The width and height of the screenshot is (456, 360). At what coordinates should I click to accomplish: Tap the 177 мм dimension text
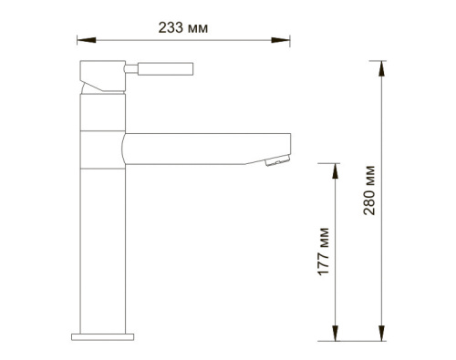pos(324,252)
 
